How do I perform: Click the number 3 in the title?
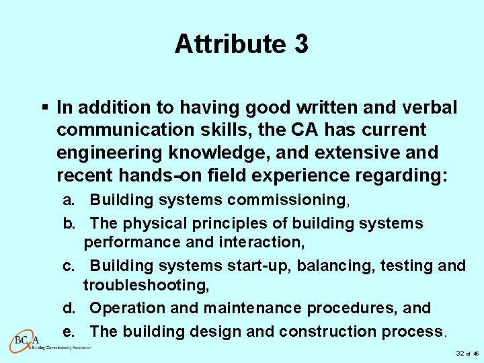[300, 44]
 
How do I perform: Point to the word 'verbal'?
[432, 108]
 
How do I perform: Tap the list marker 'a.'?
[69, 200]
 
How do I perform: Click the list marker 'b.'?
[69, 223]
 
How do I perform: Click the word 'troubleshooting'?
[145, 285]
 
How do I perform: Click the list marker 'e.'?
[69, 332]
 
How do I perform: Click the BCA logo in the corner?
[27, 339]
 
